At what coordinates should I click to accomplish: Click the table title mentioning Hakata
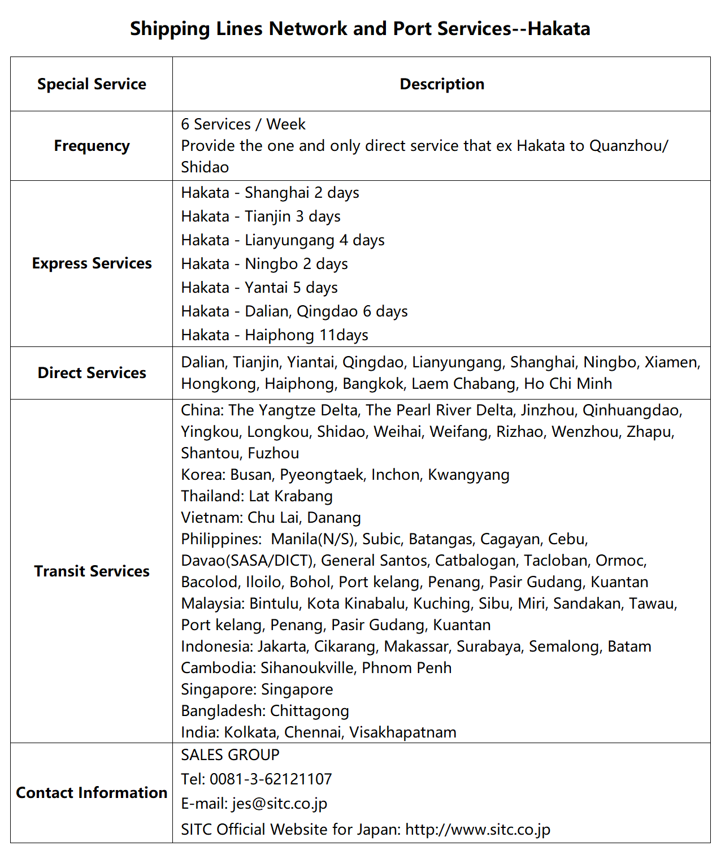pos(360,28)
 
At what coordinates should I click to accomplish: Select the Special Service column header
pos(92,84)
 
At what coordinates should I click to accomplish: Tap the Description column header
pos(442,84)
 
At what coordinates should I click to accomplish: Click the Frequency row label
pos(92,146)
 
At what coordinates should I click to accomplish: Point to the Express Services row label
pos(92,263)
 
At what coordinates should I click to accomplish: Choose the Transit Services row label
pos(92,571)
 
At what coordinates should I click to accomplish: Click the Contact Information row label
pos(92,793)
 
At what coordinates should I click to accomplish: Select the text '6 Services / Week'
pos(243,124)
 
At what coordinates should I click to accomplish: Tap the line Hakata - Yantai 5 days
pos(259,288)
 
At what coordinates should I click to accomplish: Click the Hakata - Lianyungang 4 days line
pos(283,240)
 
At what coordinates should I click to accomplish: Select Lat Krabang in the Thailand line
pos(290,496)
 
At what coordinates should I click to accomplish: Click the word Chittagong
pos(310,711)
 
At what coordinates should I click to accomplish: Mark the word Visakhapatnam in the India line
pos(403,732)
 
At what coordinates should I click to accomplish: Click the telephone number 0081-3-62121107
pos(271,779)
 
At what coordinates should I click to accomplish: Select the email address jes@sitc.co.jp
pos(280,804)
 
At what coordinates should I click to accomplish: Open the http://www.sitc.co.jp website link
pos(478,830)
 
